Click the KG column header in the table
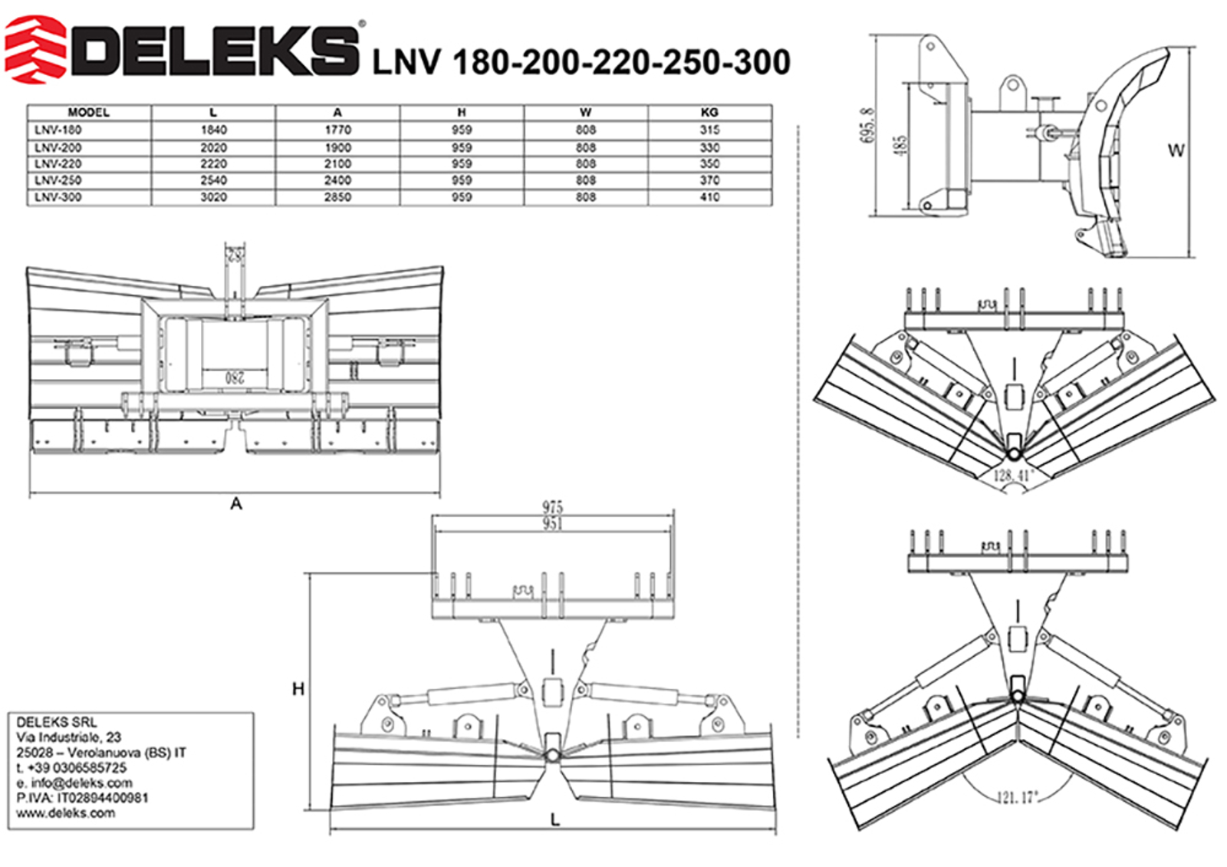[x=709, y=112]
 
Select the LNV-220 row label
[x=58, y=163]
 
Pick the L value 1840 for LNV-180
[x=213, y=130]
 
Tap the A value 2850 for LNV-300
[x=337, y=197]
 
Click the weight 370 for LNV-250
[x=709, y=180]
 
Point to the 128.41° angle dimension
[x=1013, y=476]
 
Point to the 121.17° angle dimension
[x=1018, y=798]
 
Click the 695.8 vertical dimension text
[x=867, y=124]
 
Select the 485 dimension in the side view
[x=901, y=145]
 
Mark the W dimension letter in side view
[x=1176, y=150]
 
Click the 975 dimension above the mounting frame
[x=552, y=507]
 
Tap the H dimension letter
[x=298, y=689]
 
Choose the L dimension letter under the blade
[x=554, y=820]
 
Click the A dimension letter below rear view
[x=236, y=503]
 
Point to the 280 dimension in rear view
[x=235, y=377]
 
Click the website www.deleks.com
[x=66, y=813]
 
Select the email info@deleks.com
[x=82, y=783]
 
